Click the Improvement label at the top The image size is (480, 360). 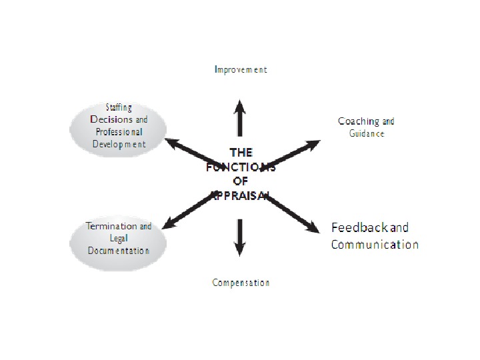pos(241,69)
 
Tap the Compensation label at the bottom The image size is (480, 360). pos(241,283)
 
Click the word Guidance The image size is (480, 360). pos(367,133)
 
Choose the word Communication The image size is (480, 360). pos(375,244)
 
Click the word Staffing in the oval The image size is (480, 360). pos(119,107)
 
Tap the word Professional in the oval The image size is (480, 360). pos(118,131)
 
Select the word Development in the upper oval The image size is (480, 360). pos(118,143)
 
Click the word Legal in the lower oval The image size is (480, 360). pos(118,238)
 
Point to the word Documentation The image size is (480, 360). pos(118,251)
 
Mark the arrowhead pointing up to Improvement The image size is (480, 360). pos(240,104)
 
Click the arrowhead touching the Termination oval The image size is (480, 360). pos(169,222)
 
